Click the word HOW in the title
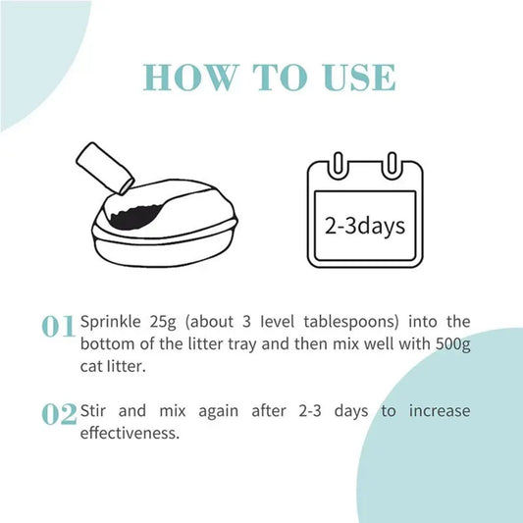click(191, 78)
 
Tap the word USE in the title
click(359, 78)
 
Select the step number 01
click(58, 326)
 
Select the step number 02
click(59, 414)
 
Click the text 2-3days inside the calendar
click(365, 226)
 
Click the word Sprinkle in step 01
click(111, 322)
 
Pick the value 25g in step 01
click(163, 322)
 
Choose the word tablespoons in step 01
click(351, 322)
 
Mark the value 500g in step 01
click(453, 344)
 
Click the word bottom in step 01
click(107, 344)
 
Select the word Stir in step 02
click(92, 410)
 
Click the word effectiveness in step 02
click(131, 433)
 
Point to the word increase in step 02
click(440, 411)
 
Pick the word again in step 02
click(219, 411)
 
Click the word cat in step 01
click(91, 367)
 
